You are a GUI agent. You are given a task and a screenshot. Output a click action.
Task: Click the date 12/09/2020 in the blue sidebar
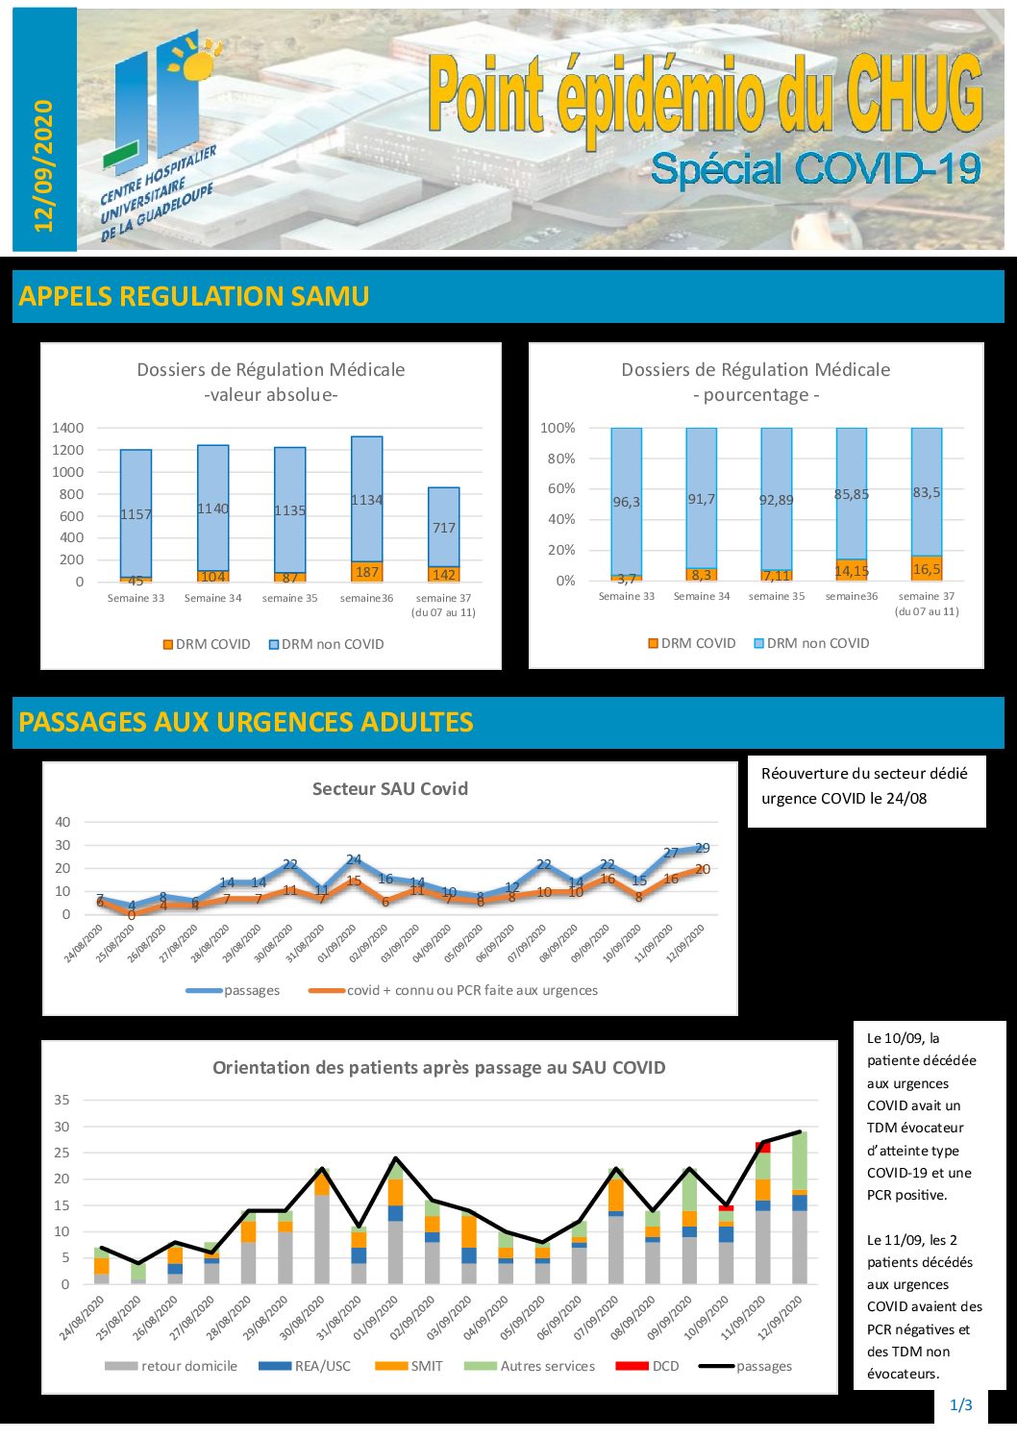coord(44,165)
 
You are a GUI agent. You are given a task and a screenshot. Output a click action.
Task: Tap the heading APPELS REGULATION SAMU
coord(193,296)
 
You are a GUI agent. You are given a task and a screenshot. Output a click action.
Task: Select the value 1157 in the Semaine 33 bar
coord(136,514)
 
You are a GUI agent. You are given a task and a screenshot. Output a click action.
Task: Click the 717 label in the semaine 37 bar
coord(443,528)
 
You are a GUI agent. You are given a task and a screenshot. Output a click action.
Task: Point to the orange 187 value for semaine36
coord(366,572)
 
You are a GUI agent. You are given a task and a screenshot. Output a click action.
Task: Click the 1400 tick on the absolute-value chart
coord(68,428)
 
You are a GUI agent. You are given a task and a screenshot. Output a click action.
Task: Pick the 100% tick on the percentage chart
coord(558,428)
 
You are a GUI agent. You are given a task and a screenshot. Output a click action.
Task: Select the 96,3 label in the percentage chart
coord(626,502)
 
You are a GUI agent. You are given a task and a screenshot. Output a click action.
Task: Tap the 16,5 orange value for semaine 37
coord(927,569)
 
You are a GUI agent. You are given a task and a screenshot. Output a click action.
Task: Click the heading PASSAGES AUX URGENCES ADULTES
coord(246,723)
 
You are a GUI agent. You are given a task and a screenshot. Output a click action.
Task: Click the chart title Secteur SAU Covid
coord(390,789)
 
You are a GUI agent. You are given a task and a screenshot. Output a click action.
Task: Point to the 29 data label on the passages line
coord(703,848)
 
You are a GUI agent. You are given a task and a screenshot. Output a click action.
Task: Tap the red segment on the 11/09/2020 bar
coord(763,1147)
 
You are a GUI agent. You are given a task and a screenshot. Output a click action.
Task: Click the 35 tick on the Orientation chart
coord(62,1101)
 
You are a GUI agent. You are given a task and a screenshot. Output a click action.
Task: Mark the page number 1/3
coord(961,1405)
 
